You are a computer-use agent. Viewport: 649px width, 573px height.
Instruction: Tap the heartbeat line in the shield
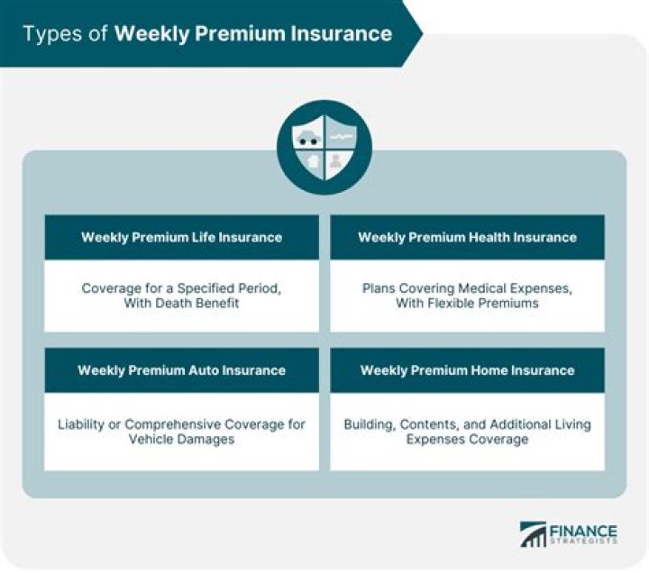coord(341,136)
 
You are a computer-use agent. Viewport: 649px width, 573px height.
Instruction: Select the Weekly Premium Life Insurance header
coord(181,238)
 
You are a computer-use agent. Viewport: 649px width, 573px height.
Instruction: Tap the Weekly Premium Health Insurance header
coord(467,238)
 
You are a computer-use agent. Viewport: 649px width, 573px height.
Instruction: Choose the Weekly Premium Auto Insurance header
coord(181,370)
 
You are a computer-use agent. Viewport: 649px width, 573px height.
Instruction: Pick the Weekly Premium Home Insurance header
coord(467,370)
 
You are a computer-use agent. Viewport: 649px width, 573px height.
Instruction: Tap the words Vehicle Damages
coord(181,440)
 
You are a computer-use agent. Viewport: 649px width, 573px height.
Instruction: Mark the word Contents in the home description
coord(432,423)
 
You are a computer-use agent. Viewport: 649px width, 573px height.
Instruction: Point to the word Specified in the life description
coord(198,287)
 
